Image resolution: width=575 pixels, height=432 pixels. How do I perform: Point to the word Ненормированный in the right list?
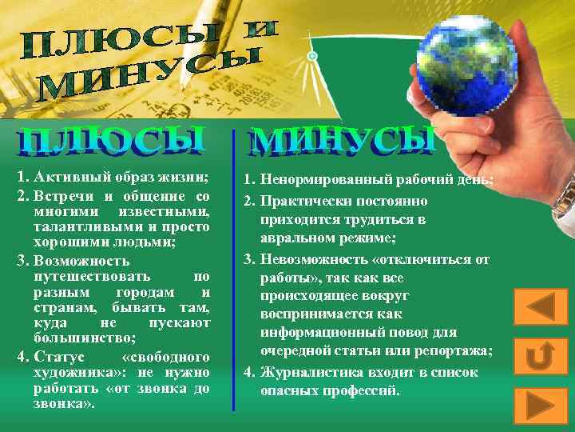327,182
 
